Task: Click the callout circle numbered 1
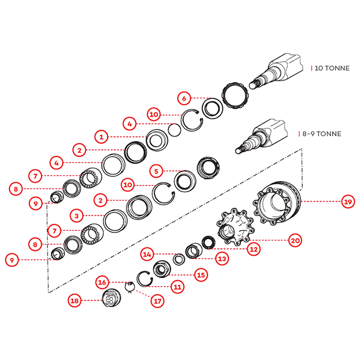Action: pos(101,136)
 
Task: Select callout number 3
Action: pos(76,216)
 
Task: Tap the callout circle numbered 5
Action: pos(157,170)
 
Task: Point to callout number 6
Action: pos(183,98)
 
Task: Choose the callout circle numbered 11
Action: pos(178,287)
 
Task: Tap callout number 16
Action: pos(102,282)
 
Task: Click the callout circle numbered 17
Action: pos(157,301)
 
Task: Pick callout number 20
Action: pos(295,240)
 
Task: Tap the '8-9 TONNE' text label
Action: pos(320,134)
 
